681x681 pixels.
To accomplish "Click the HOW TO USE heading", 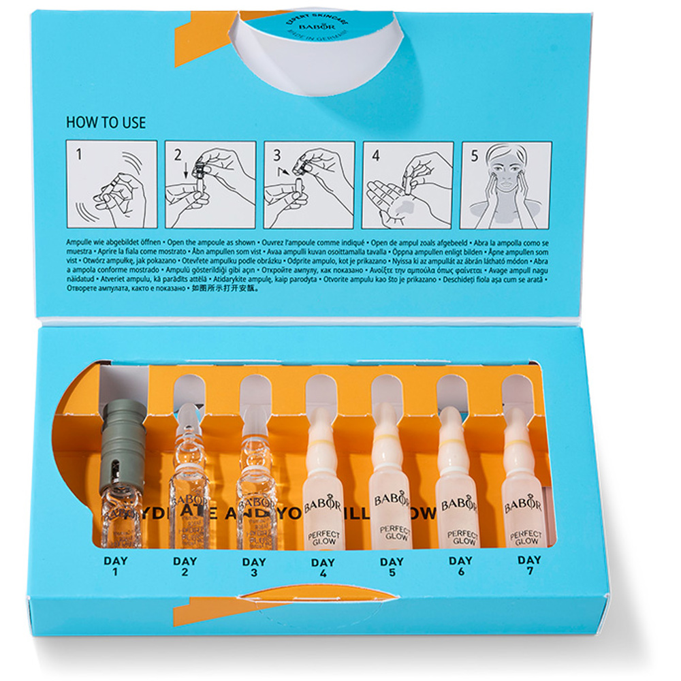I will (106, 123).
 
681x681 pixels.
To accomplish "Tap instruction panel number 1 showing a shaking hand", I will (112, 184).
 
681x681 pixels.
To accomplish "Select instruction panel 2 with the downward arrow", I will (210, 184).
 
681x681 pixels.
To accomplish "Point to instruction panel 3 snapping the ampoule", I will (309, 184).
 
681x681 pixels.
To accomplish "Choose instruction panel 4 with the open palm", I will (408, 184).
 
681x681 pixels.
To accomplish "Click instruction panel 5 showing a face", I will (507, 184).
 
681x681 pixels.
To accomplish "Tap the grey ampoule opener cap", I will (124, 443).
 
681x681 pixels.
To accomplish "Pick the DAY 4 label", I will (323, 569).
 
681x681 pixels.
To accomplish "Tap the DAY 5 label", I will (392, 569).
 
